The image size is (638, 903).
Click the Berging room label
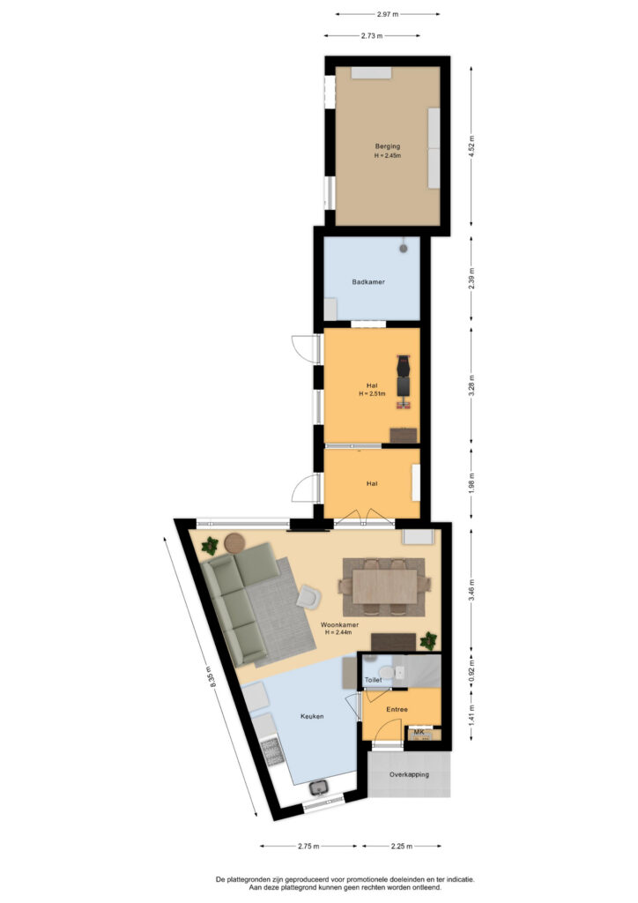click(x=387, y=146)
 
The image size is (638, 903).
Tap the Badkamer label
click(x=368, y=282)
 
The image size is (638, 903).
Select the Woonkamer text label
click(x=339, y=625)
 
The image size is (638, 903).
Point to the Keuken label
click(x=312, y=716)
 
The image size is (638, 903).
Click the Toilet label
click(x=374, y=680)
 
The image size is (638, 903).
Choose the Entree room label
click(x=397, y=710)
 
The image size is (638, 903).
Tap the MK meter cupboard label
click(x=419, y=732)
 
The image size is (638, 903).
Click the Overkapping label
click(x=409, y=774)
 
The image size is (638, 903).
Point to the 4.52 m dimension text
click(x=471, y=146)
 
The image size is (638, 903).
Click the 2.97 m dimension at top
click(x=388, y=14)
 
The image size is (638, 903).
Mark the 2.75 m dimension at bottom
click(x=308, y=846)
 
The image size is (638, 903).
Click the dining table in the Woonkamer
click(x=384, y=586)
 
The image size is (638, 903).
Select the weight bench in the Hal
click(x=404, y=382)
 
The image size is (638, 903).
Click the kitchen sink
click(x=317, y=787)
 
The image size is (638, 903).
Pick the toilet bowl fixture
click(x=386, y=671)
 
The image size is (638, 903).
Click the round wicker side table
click(x=234, y=542)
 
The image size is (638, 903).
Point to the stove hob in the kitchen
click(x=272, y=752)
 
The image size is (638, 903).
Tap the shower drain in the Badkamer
click(x=404, y=248)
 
